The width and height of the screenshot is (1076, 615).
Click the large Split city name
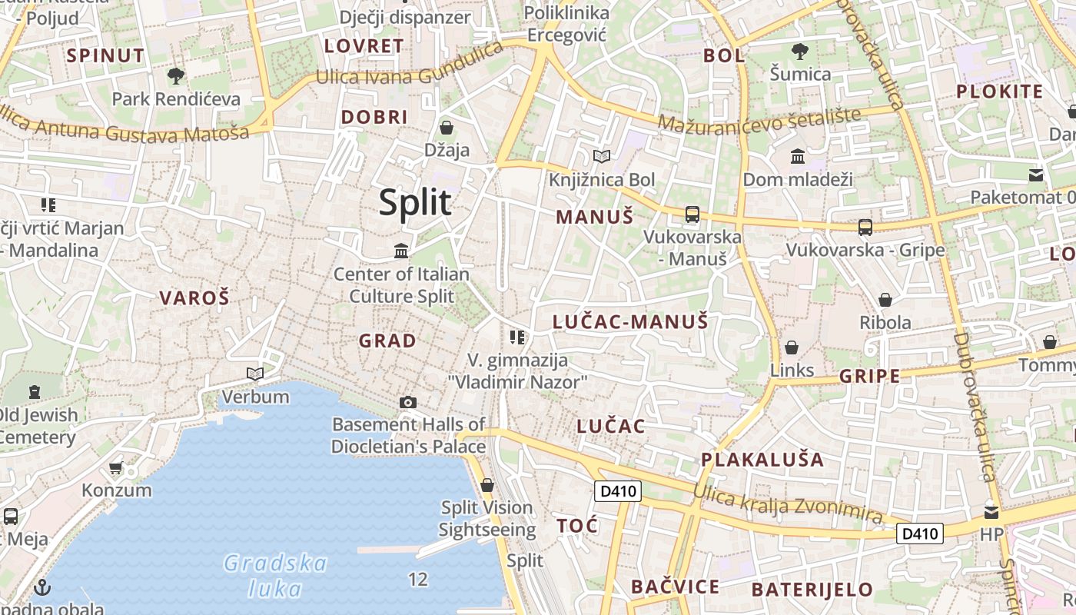point(415,202)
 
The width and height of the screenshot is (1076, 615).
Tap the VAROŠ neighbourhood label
point(194,298)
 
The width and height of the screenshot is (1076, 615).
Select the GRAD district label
point(387,341)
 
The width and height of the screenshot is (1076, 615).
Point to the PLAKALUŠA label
point(762,460)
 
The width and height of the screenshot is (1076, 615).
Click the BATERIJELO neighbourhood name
point(812,590)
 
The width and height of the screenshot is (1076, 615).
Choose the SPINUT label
point(105,55)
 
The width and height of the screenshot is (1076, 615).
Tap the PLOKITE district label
point(999,91)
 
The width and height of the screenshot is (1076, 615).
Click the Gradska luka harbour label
point(276,576)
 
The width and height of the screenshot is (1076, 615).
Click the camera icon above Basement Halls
point(408,402)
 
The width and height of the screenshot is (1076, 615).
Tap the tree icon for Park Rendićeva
point(176,75)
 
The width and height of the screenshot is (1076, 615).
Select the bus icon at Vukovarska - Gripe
point(865,227)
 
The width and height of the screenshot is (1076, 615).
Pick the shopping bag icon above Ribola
point(885,299)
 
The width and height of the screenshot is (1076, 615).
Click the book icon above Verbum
point(255,374)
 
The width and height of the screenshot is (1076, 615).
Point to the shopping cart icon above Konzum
point(116,467)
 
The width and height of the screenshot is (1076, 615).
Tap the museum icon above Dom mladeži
point(798,156)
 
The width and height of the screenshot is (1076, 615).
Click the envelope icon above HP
point(991,511)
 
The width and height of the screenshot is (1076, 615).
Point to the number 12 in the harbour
point(418,579)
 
